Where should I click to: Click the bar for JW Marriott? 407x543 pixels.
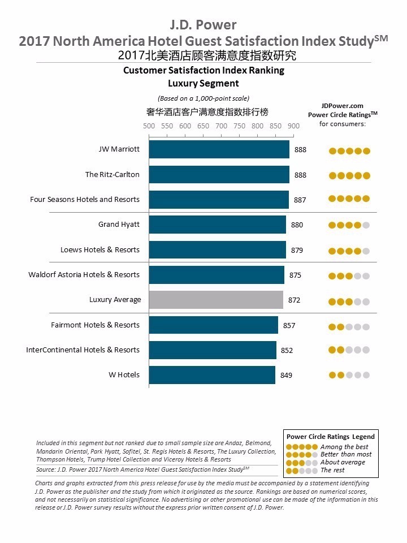pos(219,150)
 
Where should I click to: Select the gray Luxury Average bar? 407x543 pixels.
pos(216,300)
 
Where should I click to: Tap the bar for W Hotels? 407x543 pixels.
pos(212,374)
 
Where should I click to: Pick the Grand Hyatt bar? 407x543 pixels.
pos(217,225)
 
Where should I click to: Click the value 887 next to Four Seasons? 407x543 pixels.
pos(300,200)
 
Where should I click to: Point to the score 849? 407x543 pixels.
pos(286,374)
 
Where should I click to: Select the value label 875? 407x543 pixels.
pos(295,275)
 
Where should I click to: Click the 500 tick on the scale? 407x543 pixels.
pos(149,126)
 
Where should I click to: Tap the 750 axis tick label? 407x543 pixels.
pos(239,126)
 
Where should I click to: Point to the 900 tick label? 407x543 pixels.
pos(293,126)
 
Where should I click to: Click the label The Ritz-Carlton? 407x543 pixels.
pos(112,175)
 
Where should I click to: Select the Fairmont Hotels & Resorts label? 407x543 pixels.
pos(95,325)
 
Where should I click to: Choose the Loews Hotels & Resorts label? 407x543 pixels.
pos(100,249)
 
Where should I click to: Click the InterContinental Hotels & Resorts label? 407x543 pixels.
pos(83,350)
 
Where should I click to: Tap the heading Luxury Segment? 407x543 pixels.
pos(203,83)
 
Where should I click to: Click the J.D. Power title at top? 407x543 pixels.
pos(203,25)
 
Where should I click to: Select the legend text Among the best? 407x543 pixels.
pos(344,447)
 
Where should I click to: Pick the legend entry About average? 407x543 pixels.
pos(343,462)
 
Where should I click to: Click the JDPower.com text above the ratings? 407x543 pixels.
pos(342,105)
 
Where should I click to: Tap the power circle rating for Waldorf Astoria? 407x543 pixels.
pos(349,276)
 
